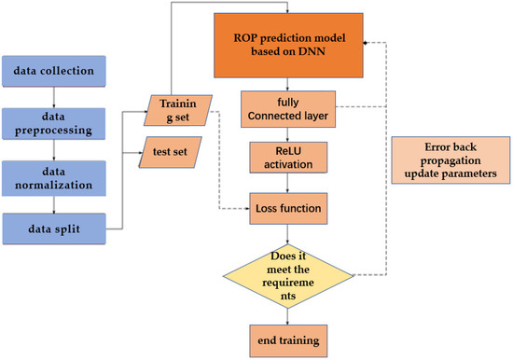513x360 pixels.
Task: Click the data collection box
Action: coord(59,70)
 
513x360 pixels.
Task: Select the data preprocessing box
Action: coord(59,120)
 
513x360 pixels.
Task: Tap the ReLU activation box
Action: coord(286,158)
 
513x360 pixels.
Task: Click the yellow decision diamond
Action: coord(286,274)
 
